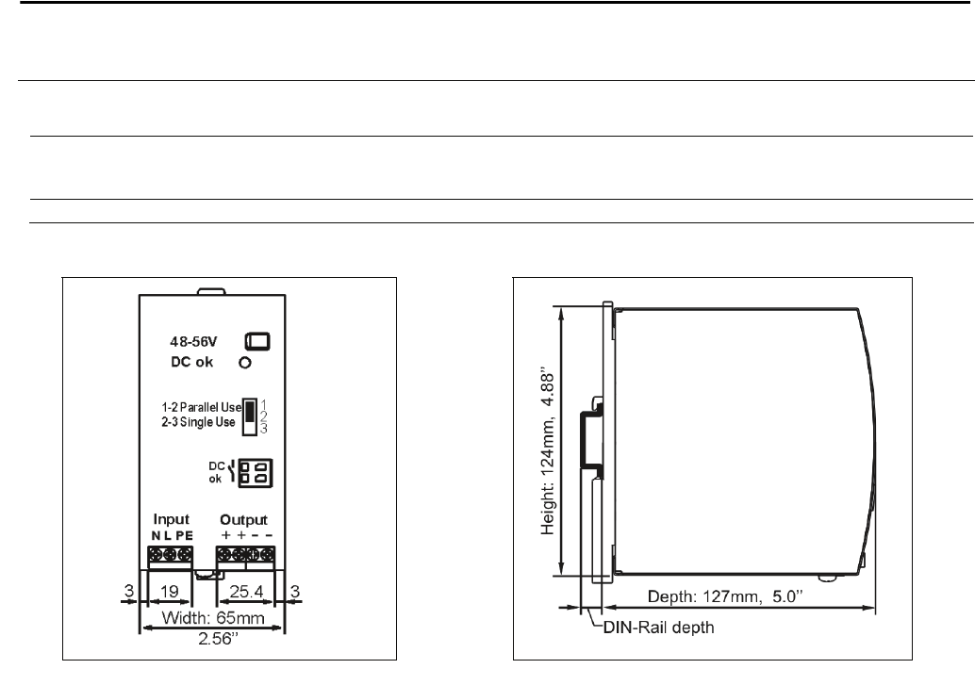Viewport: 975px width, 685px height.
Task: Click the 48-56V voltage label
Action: [x=193, y=341]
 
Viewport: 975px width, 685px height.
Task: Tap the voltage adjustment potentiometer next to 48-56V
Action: [x=257, y=341]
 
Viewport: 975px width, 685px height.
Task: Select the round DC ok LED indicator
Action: [x=245, y=363]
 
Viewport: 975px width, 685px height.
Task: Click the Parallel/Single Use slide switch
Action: [x=249, y=416]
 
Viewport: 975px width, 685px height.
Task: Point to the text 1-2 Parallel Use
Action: [x=202, y=408]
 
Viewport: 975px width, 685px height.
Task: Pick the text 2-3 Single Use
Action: [x=198, y=423]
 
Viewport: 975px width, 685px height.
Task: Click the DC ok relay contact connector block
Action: [x=256, y=473]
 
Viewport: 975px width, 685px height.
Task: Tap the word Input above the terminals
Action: [x=171, y=519]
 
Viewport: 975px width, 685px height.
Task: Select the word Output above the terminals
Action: [x=243, y=520]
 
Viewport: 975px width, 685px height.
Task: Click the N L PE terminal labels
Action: [x=173, y=536]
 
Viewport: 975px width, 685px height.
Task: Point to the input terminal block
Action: [x=171, y=557]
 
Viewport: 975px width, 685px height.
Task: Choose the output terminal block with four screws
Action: [x=245, y=557]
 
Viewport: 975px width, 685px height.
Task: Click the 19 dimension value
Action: [x=169, y=591]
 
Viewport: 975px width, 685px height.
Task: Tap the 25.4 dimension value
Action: [x=246, y=591]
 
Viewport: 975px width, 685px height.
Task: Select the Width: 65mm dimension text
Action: [x=213, y=618]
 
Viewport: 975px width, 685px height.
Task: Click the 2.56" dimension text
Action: [x=218, y=639]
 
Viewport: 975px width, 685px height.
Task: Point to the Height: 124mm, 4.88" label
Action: [x=547, y=453]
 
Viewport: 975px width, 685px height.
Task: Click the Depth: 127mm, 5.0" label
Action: [x=725, y=596]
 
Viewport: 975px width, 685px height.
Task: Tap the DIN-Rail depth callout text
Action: [x=658, y=628]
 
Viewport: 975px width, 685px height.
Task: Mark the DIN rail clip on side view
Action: [x=591, y=440]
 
